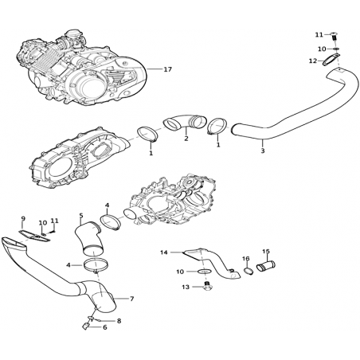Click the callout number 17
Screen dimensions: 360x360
tap(167, 69)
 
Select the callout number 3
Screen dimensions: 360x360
tap(263, 151)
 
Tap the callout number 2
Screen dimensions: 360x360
tap(186, 139)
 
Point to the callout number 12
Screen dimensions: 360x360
tap(313, 61)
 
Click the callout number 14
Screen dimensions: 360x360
tap(164, 252)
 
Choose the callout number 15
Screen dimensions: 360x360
tap(266, 251)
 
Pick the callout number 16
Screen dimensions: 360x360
tap(246, 258)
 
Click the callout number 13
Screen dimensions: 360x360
tap(186, 287)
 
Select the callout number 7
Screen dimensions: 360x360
tap(132, 299)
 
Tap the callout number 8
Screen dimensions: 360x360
tap(119, 321)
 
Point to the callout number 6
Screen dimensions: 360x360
tap(105, 327)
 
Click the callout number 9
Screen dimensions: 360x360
tap(23, 218)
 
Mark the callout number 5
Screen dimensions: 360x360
tap(81, 215)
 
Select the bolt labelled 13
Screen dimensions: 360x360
tap(207, 286)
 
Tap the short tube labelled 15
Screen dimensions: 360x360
tap(266, 266)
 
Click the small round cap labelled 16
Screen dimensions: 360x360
tap(248, 272)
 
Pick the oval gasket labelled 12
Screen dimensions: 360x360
tap(331, 59)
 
